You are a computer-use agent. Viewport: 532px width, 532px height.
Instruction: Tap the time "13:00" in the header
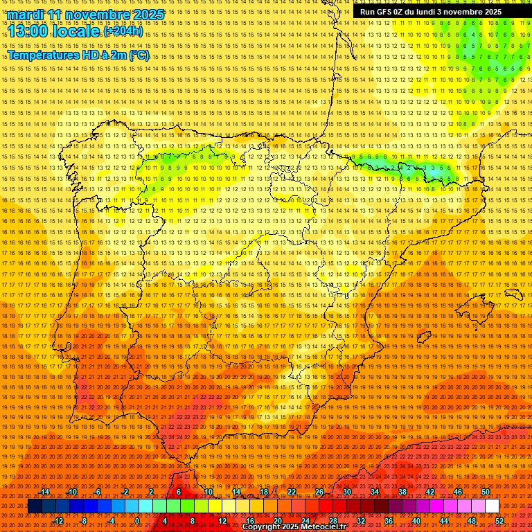(x=32, y=32)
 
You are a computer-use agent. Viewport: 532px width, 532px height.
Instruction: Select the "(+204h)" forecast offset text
(x=123, y=31)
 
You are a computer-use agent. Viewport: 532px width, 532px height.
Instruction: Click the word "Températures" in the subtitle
(x=46, y=55)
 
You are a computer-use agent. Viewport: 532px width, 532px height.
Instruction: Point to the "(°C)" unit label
(x=139, y=55)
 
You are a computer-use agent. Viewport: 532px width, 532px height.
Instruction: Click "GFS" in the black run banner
(x=383, y=12)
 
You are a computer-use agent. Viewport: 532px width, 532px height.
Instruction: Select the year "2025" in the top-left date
(x=148, y=15)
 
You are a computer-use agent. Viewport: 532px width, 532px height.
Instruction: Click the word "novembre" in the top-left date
(x=97, y=15)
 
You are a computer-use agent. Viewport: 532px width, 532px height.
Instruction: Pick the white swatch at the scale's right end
(x=492, y=506)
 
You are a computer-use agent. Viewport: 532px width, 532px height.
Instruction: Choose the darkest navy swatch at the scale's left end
(x=35, y=506)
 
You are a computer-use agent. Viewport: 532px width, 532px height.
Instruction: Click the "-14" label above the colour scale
(x=44, y=492)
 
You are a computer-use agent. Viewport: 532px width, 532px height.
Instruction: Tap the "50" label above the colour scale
(x=486, y=492)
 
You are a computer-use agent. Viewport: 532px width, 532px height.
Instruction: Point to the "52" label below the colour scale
(x=499, y=521)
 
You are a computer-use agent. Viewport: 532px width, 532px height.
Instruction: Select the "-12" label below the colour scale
(x=58, y=521)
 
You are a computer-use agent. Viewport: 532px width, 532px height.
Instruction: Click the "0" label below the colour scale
(x=138, y=521)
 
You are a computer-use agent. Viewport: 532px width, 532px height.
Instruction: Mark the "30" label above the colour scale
(x=346, y=492)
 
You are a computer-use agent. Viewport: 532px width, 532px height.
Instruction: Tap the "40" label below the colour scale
(x=416, y=521)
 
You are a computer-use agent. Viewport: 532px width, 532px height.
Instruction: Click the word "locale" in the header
(x=78, y=32)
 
